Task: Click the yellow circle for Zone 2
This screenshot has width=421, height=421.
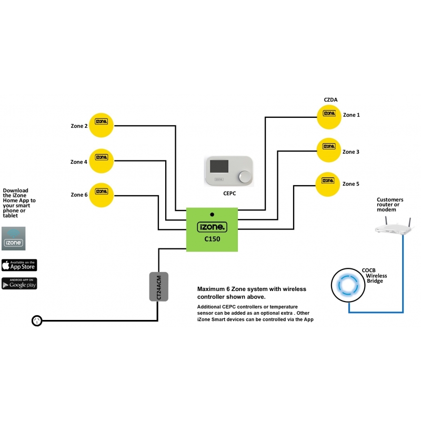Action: (x=101, y=125)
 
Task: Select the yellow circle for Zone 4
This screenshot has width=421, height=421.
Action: (x=101, y=161)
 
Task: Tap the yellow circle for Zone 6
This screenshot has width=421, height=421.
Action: (x=101, y=195)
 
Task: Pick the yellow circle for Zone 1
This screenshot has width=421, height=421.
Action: (x=329, y=117)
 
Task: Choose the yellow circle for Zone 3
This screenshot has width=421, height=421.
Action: (x=329, y=150)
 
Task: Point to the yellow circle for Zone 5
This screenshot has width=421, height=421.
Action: (x=327, y=184)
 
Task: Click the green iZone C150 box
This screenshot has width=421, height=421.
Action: (x=212, y=229)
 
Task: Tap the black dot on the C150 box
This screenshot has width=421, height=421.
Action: (x=212, y=215)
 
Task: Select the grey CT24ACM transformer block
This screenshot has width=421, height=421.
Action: (x=159, y=286)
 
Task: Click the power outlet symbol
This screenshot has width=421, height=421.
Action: (x=37, y=320)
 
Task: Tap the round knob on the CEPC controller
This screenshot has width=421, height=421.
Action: (x=245, y=177)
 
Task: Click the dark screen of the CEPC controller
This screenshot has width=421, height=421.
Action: (x=219, y=166)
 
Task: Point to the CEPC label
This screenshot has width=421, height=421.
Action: (x=229, y=193)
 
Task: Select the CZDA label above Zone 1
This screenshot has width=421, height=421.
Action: (x=330, y=99)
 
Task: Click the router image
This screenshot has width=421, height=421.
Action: (x=394, y=226)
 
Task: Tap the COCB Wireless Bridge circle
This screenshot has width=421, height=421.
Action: (x=348, y=285)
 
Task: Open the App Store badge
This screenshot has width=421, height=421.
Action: (x=19, y=265)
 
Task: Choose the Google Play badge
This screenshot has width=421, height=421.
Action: (x=19, y=284)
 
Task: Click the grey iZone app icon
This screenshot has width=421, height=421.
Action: (x=14, y=238)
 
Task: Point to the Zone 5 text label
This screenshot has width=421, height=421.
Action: (x=350, y=184)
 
